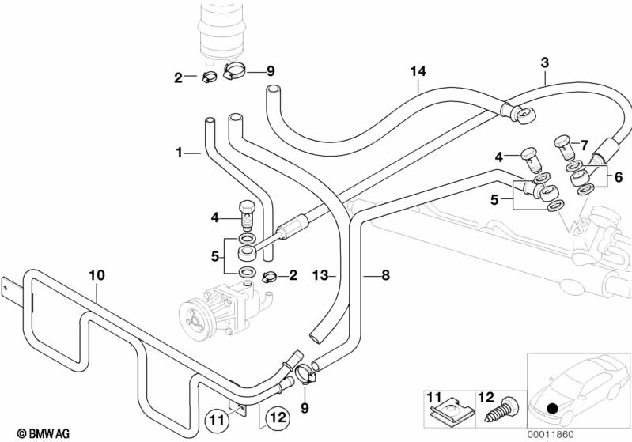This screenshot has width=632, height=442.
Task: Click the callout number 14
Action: point(418,72)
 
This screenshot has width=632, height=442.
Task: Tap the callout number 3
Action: point(544,62)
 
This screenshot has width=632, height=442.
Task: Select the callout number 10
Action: point(97,275)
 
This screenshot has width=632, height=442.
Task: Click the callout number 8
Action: point(385,276)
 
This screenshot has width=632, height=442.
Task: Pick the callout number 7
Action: point(585,145)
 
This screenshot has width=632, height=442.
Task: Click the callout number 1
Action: point(180,151)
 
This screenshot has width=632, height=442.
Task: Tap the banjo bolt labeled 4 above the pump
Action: point(244,214)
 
